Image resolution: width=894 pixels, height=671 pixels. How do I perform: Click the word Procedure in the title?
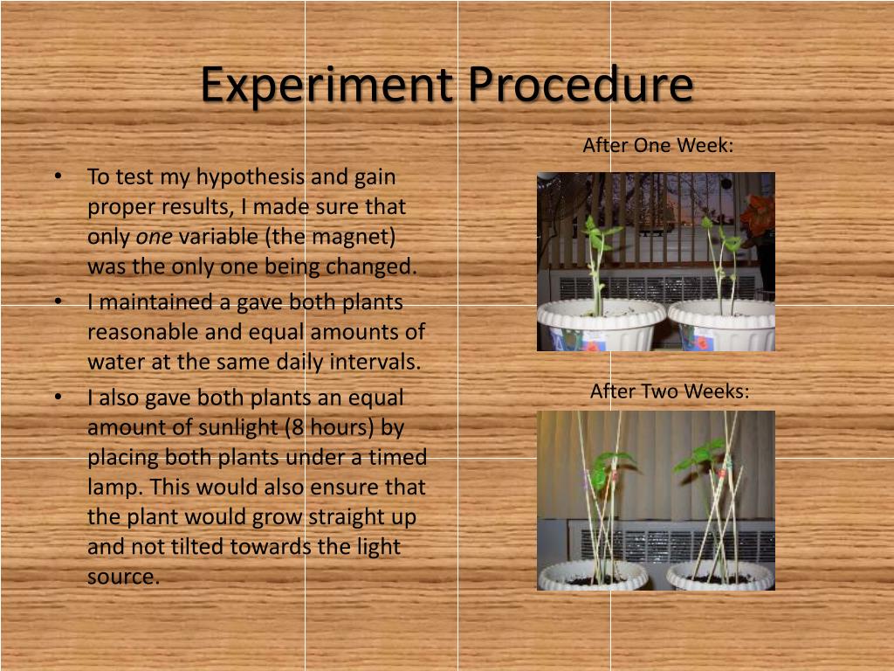[x=580, y=86]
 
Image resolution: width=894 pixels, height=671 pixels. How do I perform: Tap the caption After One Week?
[x=657, y=145]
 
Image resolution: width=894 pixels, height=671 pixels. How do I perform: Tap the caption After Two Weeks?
[x=670, y=391]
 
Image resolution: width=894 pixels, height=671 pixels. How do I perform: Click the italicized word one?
[x=154, y=237]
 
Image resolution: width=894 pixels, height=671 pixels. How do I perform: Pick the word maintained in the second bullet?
[x=142, y=302]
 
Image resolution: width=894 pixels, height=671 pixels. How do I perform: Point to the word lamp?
[x=109, y=487]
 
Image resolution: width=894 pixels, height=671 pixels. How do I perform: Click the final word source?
[x=123, y=577]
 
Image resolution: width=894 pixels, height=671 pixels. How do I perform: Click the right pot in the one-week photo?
[x=722, y=325]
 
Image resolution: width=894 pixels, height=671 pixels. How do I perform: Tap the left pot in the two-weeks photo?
[x=593, y=575]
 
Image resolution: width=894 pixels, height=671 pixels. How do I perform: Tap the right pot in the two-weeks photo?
[x=720, y=575]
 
